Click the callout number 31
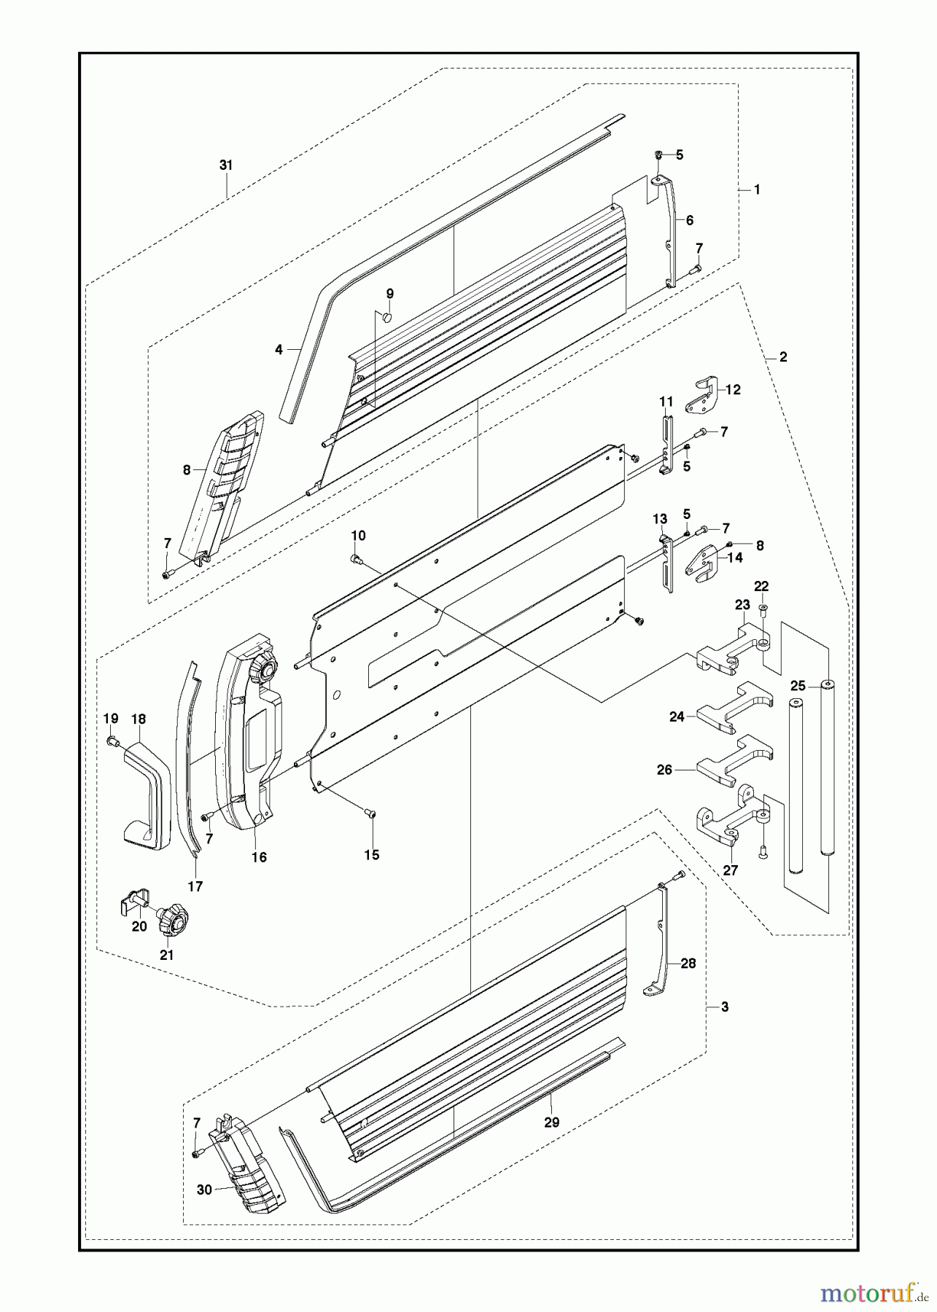point(226,165)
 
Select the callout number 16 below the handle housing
point(259,857)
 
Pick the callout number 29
point(552,1122)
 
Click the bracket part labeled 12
point(701,395)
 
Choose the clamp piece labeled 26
point(733,762)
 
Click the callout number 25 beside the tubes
point(798,686)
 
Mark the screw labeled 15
point(370,814)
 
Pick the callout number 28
point(688,963)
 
